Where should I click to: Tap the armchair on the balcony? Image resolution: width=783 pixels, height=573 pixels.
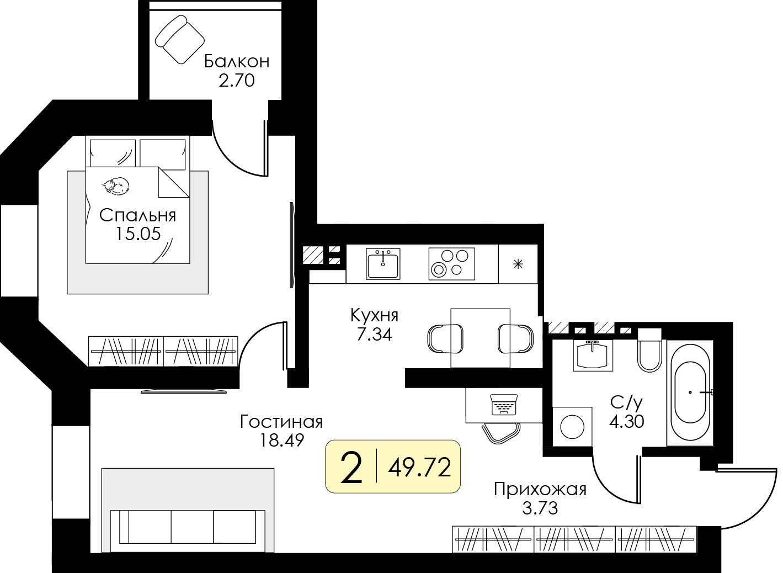pos(180,40)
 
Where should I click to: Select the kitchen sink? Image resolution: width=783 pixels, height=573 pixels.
pos(383,264)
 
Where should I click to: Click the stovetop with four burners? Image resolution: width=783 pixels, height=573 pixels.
pos(451,264)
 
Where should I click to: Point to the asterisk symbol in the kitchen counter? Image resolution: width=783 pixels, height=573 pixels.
pos(518,264)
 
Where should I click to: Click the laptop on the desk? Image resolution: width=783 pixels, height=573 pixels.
pos(504,405)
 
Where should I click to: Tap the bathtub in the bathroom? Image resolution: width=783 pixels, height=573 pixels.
pos(690,393)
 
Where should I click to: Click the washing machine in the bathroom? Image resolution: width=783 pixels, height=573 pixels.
pos(572,427)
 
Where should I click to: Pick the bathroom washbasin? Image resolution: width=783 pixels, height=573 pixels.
pos(593,355)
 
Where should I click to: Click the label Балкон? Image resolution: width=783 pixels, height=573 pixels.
pos(237,61)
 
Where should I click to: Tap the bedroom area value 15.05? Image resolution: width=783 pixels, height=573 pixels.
pos(138,234)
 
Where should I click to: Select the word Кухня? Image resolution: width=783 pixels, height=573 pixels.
pos(374,316)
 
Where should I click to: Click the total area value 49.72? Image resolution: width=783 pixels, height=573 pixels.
pos(419,468)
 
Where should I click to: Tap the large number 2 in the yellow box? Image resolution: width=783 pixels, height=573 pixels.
pos(351,467)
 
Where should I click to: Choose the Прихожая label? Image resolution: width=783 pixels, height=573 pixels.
pos(540,490)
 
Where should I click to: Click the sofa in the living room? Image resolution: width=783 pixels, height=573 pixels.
pos(188,527)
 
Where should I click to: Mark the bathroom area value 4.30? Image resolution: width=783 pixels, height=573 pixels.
pos(627,422)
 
